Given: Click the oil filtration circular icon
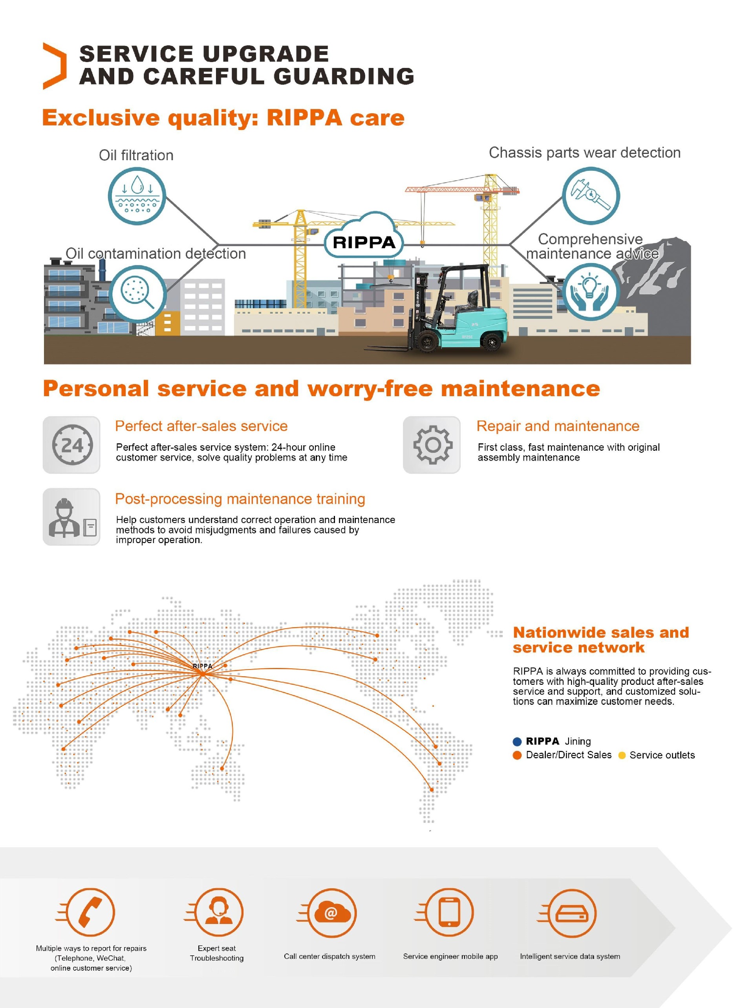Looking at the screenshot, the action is coord(137,196).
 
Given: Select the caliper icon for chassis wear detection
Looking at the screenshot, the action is coord(591,196).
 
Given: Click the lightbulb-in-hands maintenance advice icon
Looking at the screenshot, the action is coord(590,292).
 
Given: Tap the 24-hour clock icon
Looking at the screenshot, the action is coord(71,445).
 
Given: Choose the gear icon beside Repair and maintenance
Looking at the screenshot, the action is coord(432,445).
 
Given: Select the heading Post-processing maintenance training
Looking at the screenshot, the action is coord(240,499).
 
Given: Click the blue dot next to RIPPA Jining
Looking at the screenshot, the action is coord(517,741).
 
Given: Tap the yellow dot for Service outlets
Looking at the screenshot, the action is coord(622,756).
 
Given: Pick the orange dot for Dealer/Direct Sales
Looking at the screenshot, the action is coord(517,755).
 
